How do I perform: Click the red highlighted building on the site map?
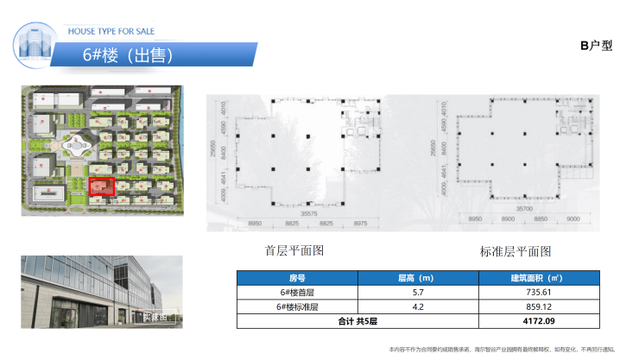[103, 186]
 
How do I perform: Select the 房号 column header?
[298, 278]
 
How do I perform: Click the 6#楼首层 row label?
[298, 293]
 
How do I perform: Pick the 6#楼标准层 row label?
[298, 306]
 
